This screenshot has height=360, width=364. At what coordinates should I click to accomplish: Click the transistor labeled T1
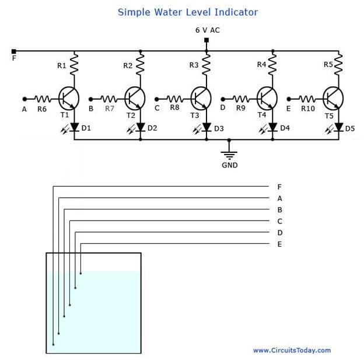point(69,99)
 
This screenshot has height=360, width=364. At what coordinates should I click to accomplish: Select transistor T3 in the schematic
point(201,99)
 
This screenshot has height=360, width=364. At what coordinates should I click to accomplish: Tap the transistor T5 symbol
point(333,99)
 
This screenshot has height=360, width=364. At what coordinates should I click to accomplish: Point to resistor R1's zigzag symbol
point(74,64)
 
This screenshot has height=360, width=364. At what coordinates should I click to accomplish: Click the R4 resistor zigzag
point(272,64)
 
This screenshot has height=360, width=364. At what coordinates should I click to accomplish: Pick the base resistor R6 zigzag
point(43,99)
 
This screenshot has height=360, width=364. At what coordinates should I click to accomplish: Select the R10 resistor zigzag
point(307,99)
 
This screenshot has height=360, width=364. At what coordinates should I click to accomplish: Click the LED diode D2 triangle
point(140,127)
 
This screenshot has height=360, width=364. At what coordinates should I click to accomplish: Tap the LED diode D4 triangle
point(272,127)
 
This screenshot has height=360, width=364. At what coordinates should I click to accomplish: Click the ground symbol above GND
point(229,155)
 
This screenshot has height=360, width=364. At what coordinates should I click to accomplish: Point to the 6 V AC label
point(208,30)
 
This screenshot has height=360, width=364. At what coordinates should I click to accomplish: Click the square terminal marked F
point(14,51)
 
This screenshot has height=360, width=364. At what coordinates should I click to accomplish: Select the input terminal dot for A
point(24,99)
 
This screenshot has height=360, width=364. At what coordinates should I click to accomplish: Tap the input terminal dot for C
point(157,99)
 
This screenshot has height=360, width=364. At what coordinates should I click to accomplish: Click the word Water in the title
point(168,12)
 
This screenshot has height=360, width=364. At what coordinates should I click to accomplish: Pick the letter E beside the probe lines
point(280,244)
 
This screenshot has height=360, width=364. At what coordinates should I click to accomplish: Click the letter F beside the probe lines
point(279,187)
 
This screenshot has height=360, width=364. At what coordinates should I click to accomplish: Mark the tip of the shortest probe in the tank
point(80,274)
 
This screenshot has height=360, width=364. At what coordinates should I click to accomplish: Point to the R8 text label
point(174,107)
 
